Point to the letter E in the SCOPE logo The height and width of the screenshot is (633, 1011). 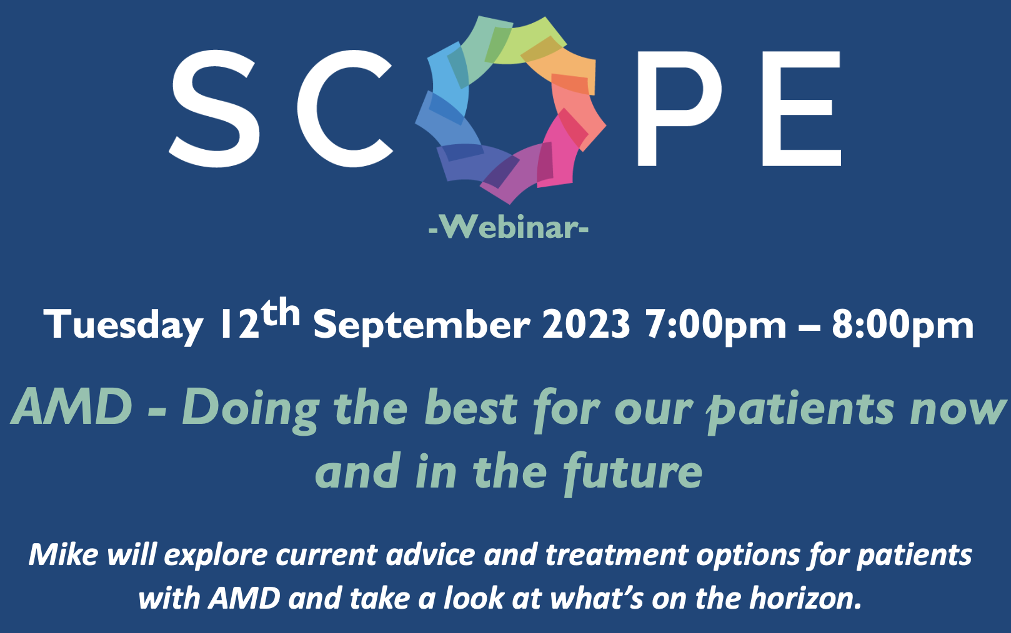click(801, 108)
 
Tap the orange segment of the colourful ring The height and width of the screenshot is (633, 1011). click(564, 67)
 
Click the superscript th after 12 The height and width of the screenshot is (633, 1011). click(281, 312)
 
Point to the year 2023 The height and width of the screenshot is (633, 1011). click(586, 324)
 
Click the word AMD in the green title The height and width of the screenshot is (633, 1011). click(72, 406)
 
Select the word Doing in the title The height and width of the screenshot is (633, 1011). click(251, 410)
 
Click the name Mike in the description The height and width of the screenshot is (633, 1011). click(63, 554)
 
